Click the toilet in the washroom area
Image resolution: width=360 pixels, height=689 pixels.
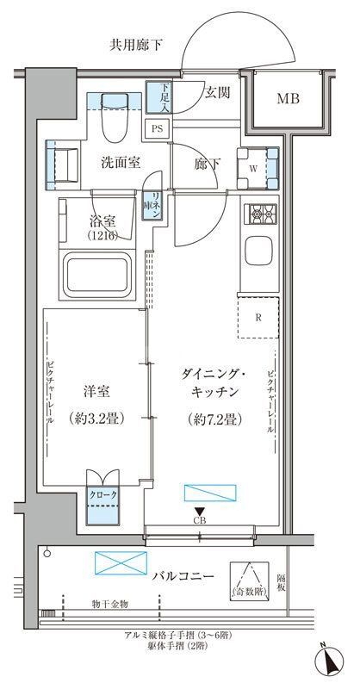115,121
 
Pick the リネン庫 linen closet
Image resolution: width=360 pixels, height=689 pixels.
152,206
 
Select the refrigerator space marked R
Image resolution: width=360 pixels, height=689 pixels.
258,316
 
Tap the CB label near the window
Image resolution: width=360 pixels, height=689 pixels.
199,520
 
